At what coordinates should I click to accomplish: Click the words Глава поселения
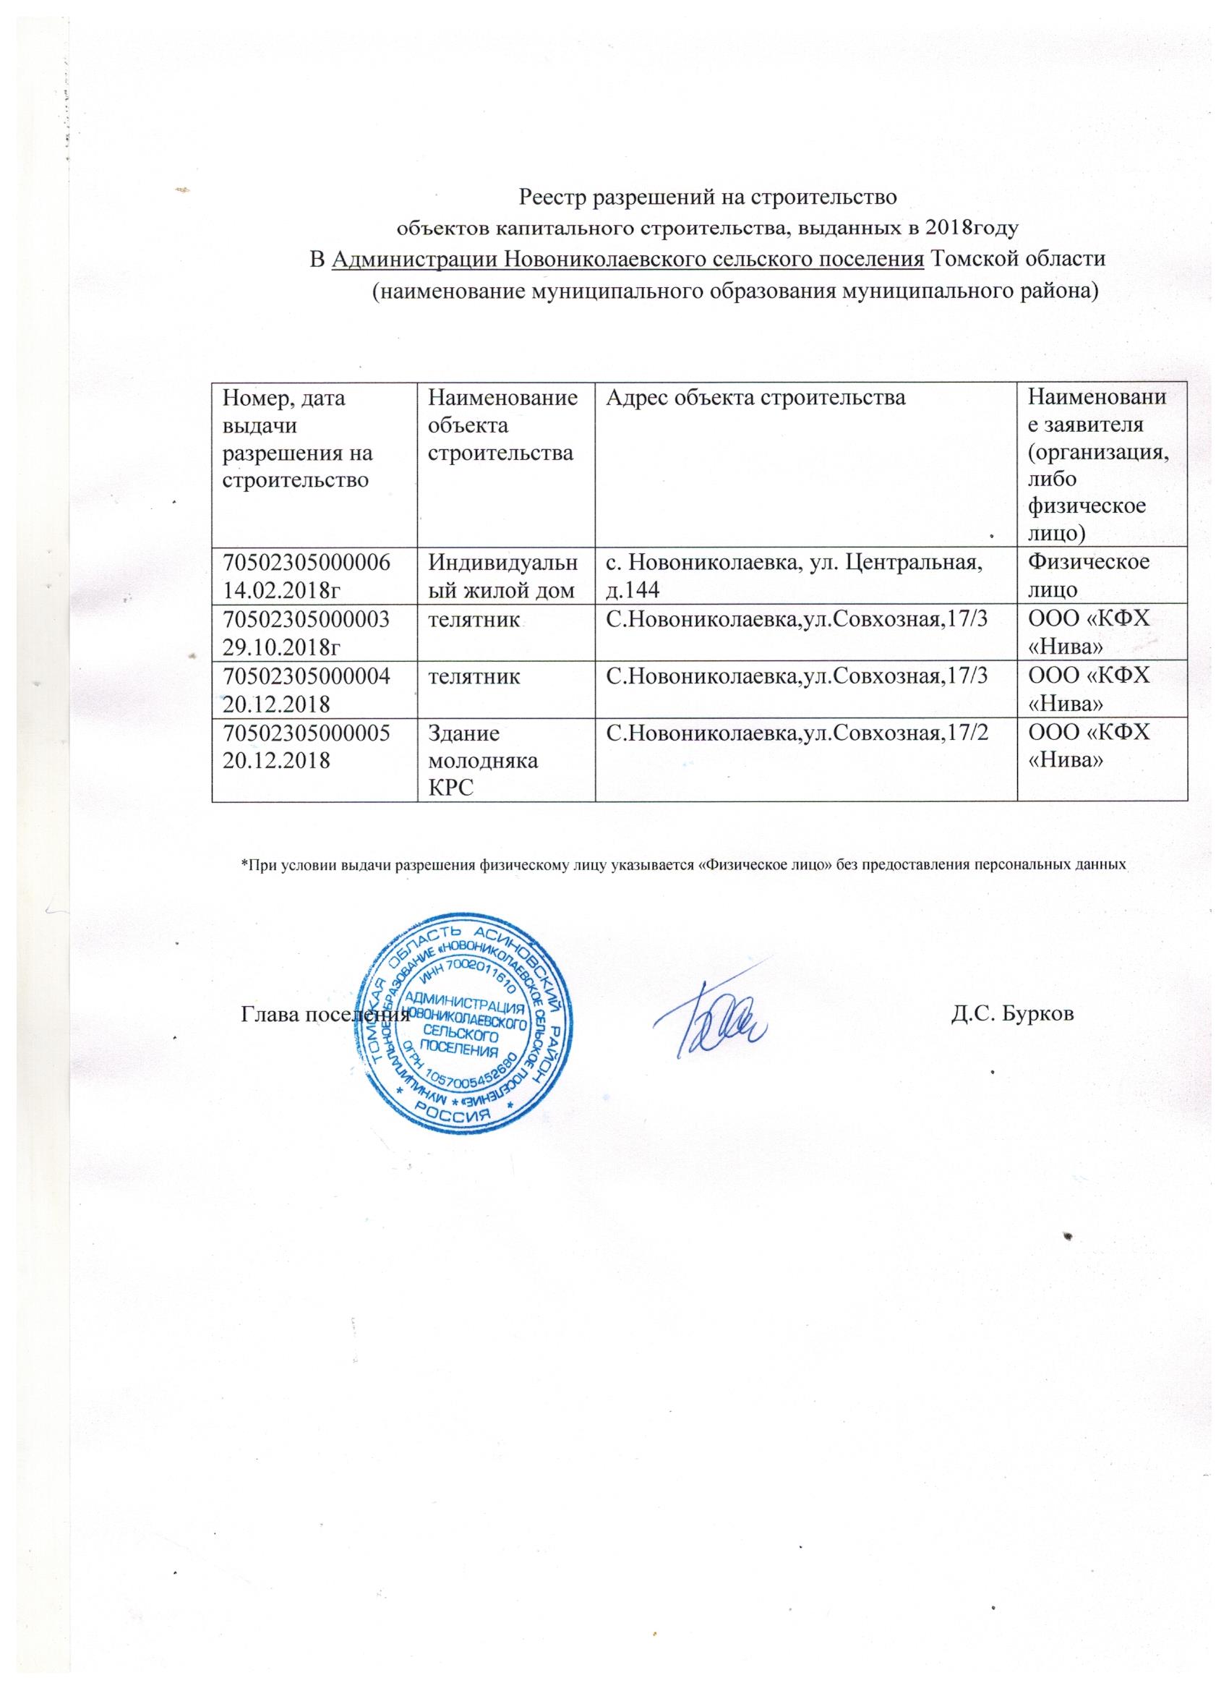click(325, 1014)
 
